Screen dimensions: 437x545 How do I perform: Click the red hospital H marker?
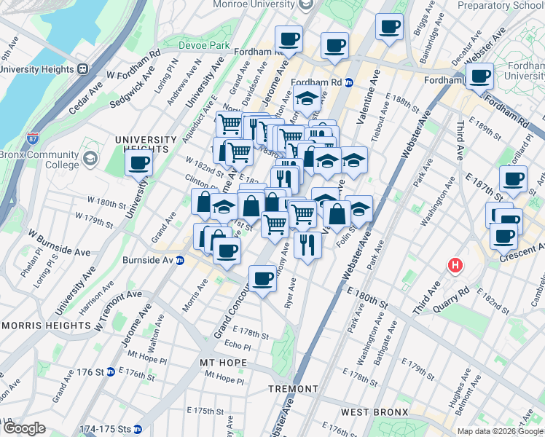(x=457, y=266)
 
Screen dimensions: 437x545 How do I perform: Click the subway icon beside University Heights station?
(x=82, y=69)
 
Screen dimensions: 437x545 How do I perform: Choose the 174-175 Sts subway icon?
(x=137, y=429)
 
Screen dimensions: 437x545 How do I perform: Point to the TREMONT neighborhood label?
(x=292, y=390)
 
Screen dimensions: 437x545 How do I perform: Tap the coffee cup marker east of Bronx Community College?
(x=138, y=164)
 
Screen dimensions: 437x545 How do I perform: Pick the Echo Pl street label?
(x=238, y=345)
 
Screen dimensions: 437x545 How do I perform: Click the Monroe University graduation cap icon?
(x=307, y=5)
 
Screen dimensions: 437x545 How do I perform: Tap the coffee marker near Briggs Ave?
(x=389, y=27)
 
